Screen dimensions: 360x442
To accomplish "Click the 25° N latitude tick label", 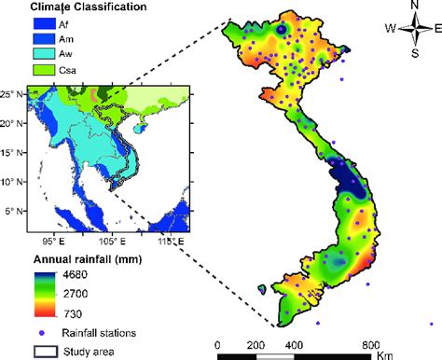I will (12, 94).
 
